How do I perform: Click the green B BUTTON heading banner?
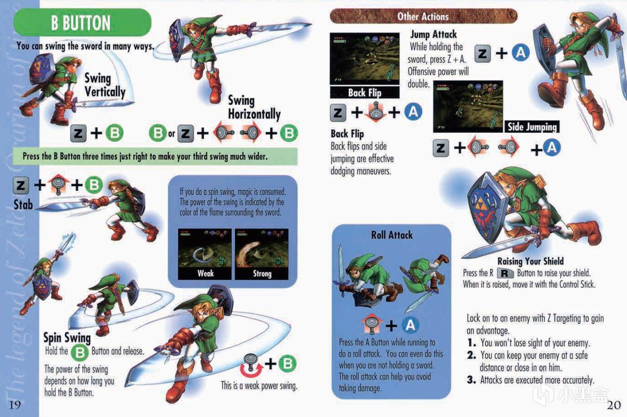82,23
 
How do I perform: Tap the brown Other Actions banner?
423,16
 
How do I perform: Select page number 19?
15,405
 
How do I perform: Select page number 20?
614,405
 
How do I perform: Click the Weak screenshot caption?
205,273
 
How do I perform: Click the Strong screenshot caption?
262,273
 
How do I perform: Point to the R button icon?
505,273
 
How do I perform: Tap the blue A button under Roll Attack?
410,325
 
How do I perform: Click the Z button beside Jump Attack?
482,53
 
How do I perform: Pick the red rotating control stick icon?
251,365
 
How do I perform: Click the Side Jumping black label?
532,127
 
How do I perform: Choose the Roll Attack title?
391,235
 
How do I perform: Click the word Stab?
23,205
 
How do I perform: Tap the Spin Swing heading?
67,338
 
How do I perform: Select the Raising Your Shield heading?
531,261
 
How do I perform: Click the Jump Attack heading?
434,34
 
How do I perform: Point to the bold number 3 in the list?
471,380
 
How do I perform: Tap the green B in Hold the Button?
80,352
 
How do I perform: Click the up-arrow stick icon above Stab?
58,184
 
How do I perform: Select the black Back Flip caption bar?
365,93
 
